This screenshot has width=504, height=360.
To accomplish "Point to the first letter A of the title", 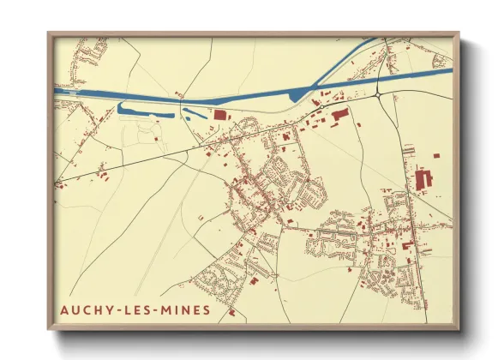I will coord(64,309).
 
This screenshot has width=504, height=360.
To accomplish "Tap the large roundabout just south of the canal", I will coord(379,94).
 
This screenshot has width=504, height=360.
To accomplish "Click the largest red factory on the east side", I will coord(421,181).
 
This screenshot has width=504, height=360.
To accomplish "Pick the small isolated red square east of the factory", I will coord(436,156).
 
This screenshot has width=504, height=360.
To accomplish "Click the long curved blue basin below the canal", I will coord(141,110).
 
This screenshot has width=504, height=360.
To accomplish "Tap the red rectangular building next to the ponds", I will coord(219,114).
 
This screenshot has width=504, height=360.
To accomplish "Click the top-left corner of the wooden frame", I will coord(49,34).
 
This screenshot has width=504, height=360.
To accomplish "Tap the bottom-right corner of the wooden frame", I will coord(458,328).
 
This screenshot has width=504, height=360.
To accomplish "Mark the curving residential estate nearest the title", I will coord(210,279).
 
